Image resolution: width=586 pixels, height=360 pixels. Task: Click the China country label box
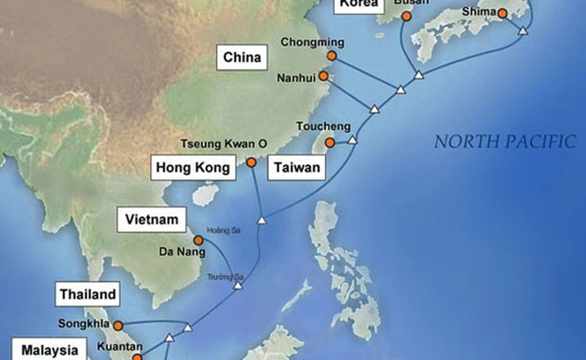pos(242,59)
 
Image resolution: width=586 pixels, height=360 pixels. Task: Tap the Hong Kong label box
pos(193,168)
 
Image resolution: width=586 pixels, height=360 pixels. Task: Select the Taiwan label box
pos(296,168)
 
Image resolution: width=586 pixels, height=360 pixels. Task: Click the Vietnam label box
pos(152,220)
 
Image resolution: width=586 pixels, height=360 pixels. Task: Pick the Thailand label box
pos(87,294)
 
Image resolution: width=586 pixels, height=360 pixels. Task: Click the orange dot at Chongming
pos(332,55)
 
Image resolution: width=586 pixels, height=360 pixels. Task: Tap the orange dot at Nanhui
pos(323,76)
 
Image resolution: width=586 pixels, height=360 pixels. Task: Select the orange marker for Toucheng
pos(330,143)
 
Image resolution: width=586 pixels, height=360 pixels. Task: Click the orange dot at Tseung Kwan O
pos(251,162)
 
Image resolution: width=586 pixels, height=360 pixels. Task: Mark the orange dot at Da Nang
pos(198,239)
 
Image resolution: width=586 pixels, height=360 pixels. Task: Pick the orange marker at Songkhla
pos(118,325)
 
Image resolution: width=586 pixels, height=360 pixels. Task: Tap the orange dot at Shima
pos(501,13)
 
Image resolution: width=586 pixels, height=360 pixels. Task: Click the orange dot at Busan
pos(407,16)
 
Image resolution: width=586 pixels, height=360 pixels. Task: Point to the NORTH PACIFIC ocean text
pos(505,141)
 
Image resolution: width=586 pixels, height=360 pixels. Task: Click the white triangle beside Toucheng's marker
pos(352,141)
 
